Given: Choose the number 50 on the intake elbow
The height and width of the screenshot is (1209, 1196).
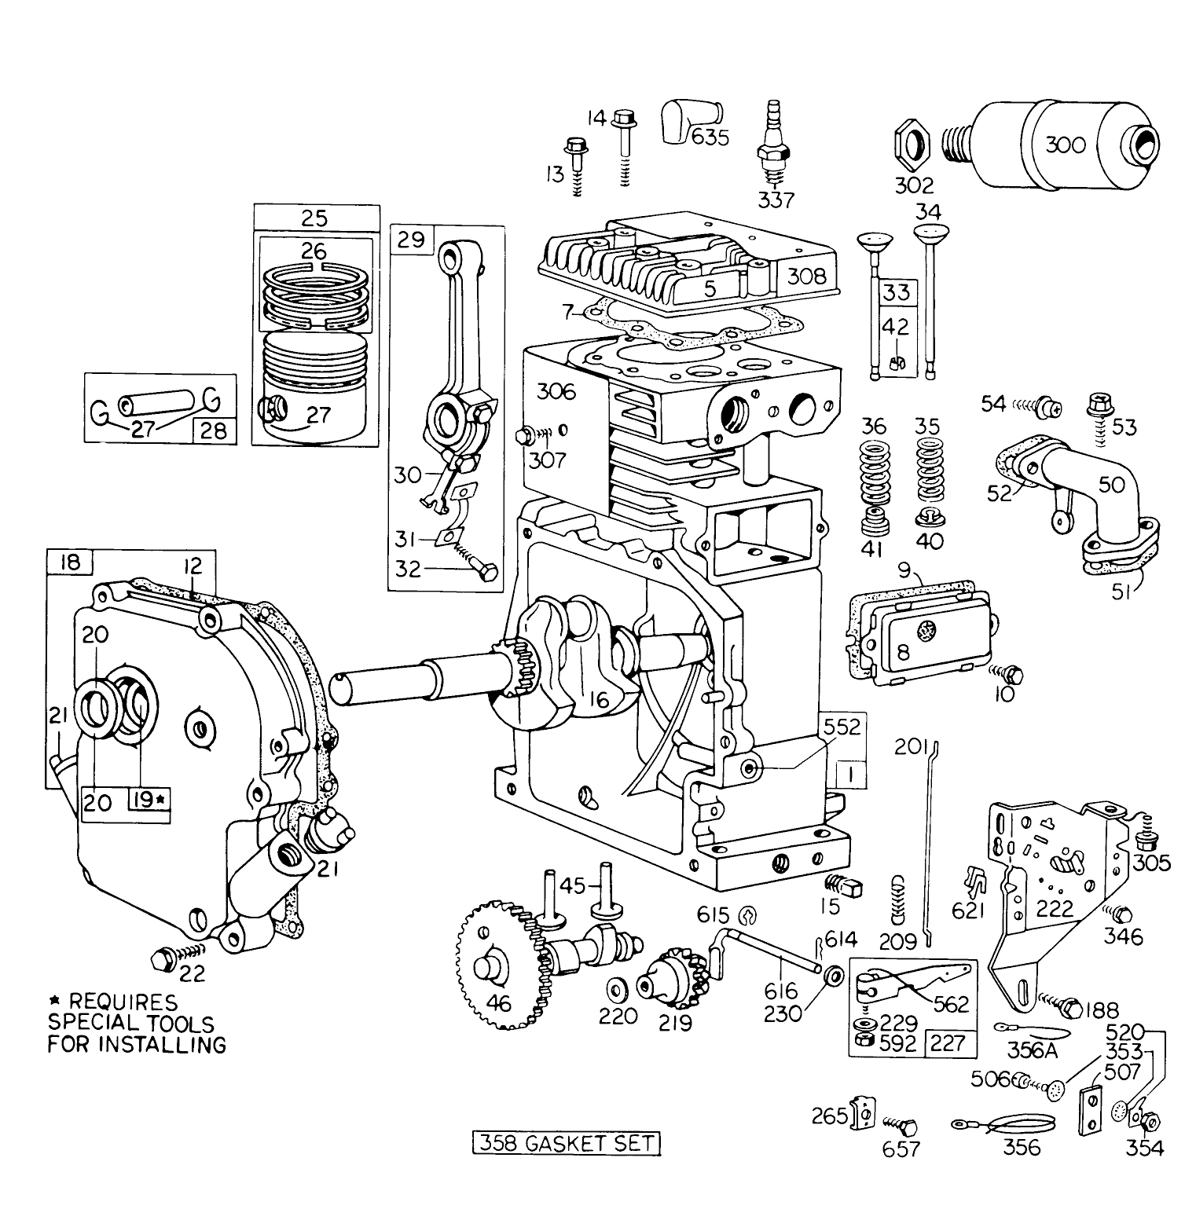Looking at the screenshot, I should [1112, 485].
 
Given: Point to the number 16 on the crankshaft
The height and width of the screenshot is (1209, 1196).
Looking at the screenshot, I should [600, 699].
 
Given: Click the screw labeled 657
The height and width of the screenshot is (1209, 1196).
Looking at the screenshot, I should [906, 1128].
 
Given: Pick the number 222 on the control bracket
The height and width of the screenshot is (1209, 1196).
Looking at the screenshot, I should [1055, 908].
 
